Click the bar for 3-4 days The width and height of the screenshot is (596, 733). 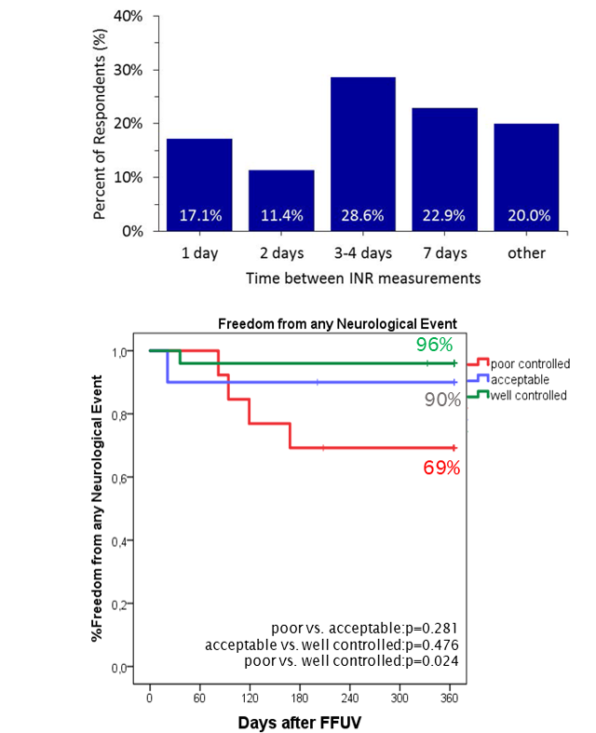point(363,154)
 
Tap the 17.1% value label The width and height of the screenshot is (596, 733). point(199,215)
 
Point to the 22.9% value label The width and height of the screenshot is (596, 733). point(445,215)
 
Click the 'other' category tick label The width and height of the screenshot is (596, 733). point(527,253)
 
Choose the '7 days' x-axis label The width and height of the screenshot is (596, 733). point(445,253)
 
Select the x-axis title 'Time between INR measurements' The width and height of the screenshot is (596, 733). point(362,278)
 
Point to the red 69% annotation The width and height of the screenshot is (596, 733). point(441,468)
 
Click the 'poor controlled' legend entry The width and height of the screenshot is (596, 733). point(529,363)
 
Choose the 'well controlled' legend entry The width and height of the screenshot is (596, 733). point(529,396)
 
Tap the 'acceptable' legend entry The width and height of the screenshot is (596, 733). point(522,380)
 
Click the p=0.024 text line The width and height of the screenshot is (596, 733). point(364,660)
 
